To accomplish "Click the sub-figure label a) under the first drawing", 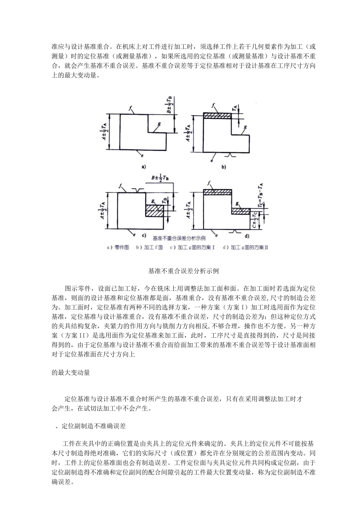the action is [x=144, y=166].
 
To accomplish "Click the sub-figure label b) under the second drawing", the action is [x=223, y=166].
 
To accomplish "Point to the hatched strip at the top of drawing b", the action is [x=217, y=116].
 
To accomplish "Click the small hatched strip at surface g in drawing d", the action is [x=241, y=211].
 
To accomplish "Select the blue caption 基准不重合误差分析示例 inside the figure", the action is [x=179, y=239].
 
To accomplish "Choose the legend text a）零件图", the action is [x=118, y=247].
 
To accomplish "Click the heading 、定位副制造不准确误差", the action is [x=91, y=426].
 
